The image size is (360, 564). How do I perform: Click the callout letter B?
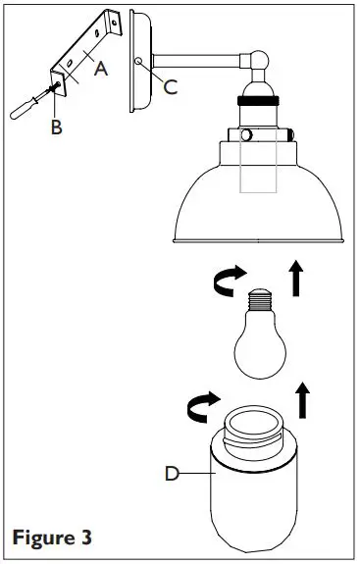(56, 127)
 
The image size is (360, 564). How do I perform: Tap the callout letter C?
(170, 87)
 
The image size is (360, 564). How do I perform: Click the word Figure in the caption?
(41, 538)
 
